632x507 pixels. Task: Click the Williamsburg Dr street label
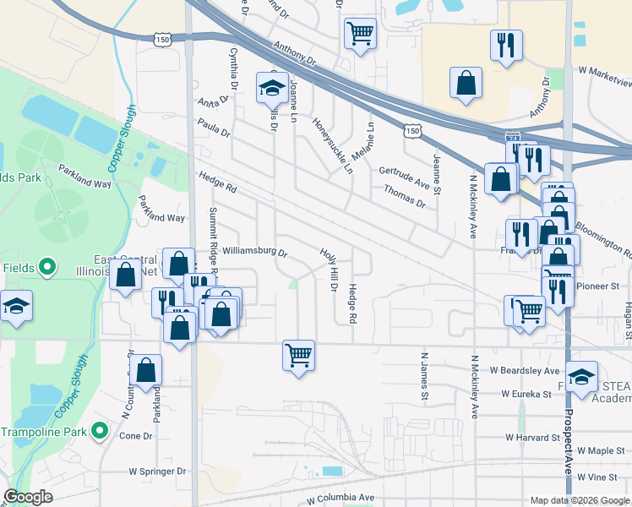[x=255, y=252]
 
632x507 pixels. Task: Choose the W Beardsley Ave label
[x=525, y=371]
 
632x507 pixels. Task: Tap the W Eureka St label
[x=531, y=394]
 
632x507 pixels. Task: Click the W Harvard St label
[x=532, y=438]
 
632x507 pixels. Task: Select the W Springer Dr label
[x=157, y=471]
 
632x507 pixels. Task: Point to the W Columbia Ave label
[x=341, y=498]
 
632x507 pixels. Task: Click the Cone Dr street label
[x=135, y=436]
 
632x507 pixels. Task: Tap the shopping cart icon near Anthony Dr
[x=361, y=34]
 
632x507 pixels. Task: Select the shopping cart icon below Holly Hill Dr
[x=299, y=354]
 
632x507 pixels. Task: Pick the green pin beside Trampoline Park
[x=101, y=432]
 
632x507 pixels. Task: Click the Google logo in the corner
[x=28, y=497]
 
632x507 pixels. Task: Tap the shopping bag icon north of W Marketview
[x=466, y=84]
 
